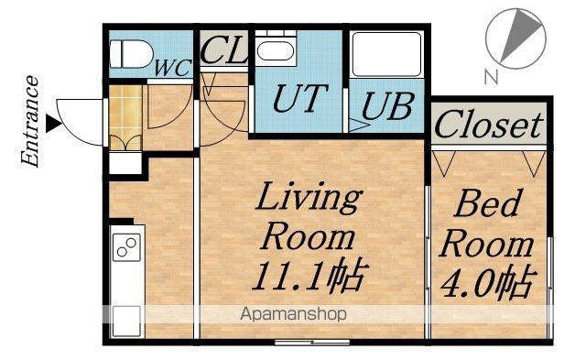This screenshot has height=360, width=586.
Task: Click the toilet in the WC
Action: pyautogui.click(x=131, y=54)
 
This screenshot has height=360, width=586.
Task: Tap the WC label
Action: pyautogui.click(x=173, y=68)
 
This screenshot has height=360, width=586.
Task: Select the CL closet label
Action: pyautogui.click(x=223, y=49)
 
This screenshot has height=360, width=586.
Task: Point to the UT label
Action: pyautogui.click(x=300, y=98)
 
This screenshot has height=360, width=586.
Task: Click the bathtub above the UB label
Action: pyautogui.click(x=386, y=55)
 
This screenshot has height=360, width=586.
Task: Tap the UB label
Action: pyautogui.click(x=387, y=106)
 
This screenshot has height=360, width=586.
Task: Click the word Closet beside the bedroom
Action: pyautogui.click(x=488, y=125)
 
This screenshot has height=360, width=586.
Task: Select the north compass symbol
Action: pyautogui.click(x=515, y=38)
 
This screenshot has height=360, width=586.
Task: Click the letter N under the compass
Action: pyautogui.click(x=492, y=76)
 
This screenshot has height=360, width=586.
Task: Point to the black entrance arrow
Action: pyautogui.click(x=53, y=124)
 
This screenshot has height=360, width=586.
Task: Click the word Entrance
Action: pyautogui.click(x=30, y=121)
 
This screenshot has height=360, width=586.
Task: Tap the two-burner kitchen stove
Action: pyautogui.click(x=126, y=247)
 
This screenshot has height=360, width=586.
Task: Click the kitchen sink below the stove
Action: pyautogui.click(x=126, y=321)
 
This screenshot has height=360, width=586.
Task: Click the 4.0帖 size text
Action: pyautogui.click(x=489, y=282)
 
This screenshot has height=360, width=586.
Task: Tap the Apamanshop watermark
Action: pyautogui.click(x=293, y=314)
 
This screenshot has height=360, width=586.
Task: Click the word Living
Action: pyautogui.click(x=309, y=198)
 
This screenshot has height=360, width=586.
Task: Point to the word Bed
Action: pyautogui.click(x=488, y=203)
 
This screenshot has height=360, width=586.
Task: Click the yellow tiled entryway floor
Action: pyautogui.click(x=125, y=117)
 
